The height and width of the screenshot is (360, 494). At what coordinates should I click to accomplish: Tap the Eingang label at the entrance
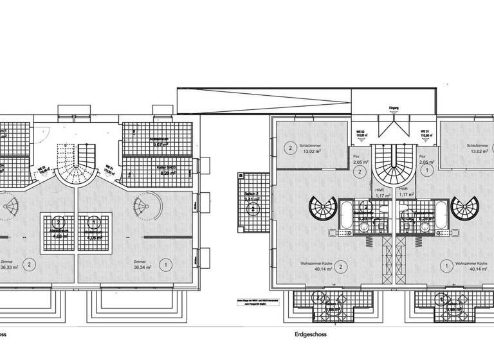click(x=394, y=109)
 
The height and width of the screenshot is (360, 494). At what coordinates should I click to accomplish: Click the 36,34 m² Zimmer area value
click(x=142, y=269)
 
